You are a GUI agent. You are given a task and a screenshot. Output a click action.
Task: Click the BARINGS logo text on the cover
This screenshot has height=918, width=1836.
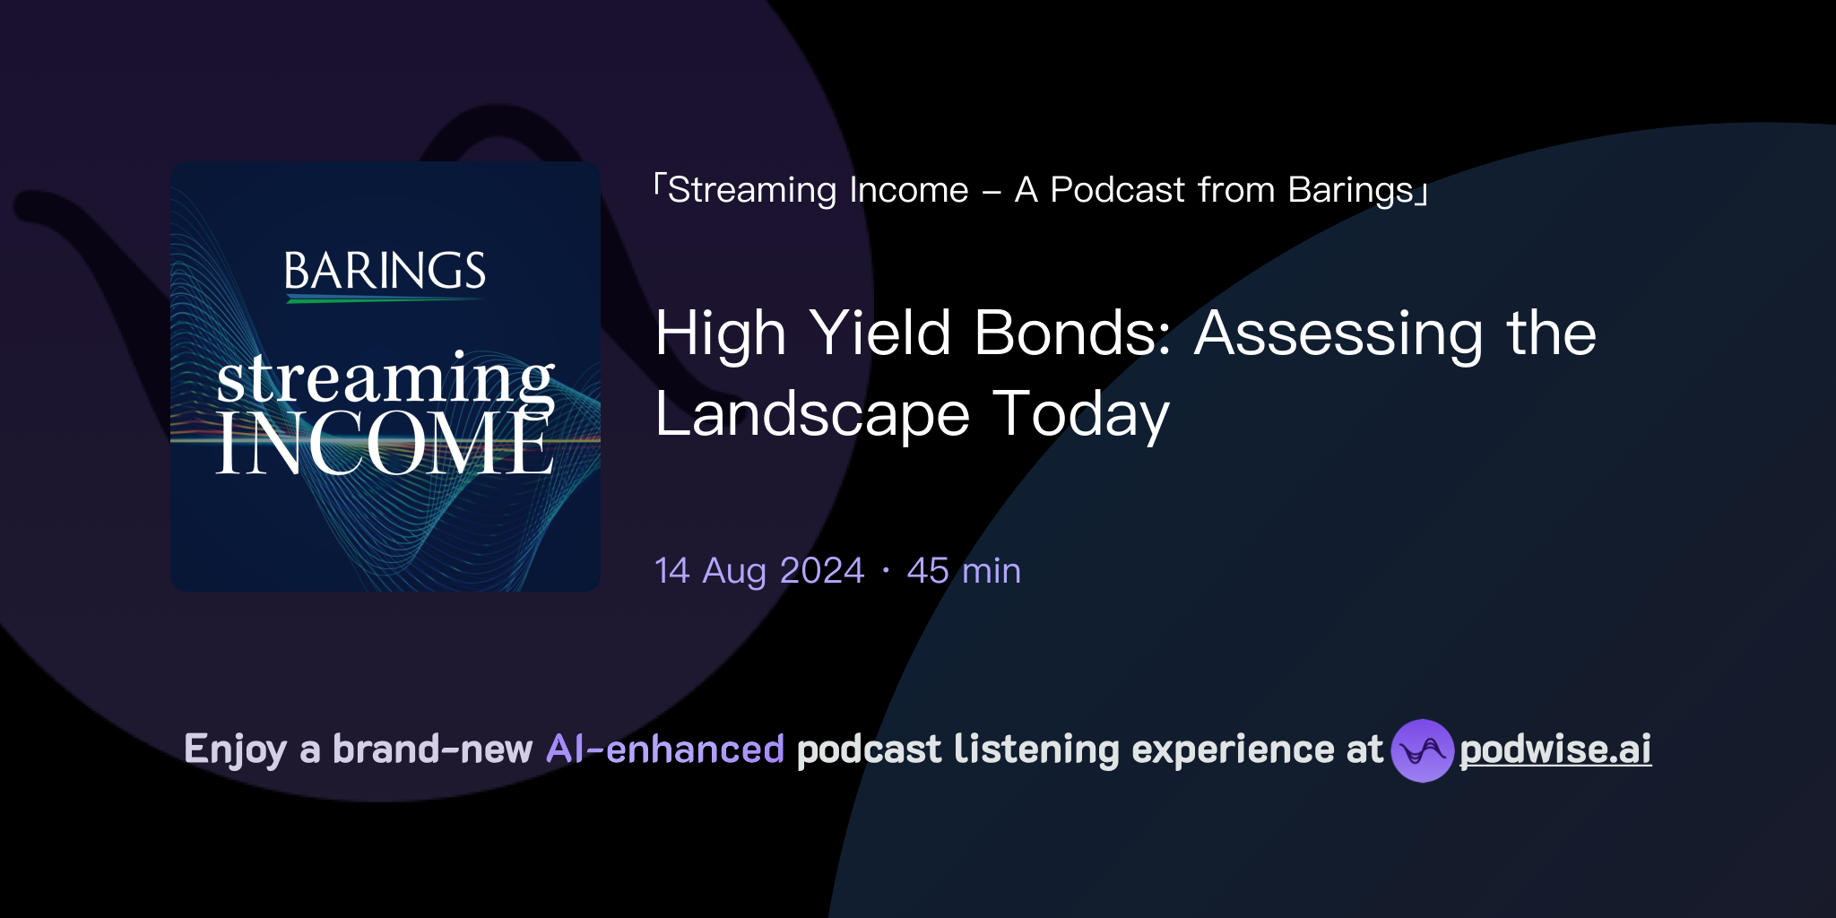385,271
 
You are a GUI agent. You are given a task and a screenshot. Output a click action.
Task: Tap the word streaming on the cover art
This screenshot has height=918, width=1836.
385,378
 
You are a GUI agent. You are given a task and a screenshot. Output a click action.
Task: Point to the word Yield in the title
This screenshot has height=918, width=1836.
879,333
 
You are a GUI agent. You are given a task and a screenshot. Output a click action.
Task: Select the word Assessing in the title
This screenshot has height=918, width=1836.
1338,333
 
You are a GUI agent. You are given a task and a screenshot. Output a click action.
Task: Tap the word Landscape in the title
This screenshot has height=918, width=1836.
812,414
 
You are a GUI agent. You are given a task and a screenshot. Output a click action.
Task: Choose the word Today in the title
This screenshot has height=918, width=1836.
1081,414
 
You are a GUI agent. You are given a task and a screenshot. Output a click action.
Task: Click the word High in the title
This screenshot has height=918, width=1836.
720,333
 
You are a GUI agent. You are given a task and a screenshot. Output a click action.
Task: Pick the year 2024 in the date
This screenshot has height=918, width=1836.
822,571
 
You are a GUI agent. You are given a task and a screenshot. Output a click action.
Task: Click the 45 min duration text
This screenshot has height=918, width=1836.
964,571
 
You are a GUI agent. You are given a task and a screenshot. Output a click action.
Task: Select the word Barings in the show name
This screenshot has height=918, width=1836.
1350,190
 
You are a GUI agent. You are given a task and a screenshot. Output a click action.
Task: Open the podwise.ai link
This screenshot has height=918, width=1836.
1555,749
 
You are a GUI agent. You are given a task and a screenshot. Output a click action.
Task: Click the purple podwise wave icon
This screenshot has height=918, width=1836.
1422,750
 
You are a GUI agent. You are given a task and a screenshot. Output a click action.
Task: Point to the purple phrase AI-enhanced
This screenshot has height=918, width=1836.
665,749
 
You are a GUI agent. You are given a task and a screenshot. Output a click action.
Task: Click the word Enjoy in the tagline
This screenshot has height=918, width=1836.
235,749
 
